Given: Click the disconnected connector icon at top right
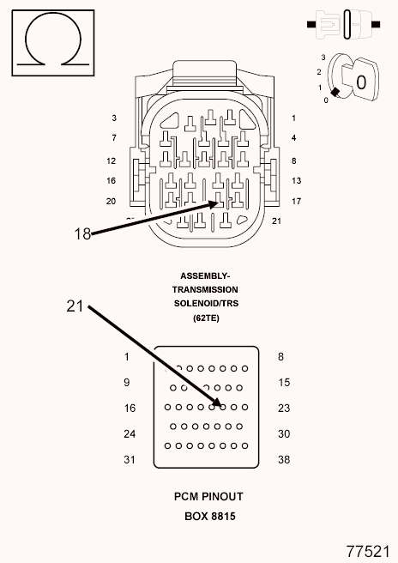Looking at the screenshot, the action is (343, 24).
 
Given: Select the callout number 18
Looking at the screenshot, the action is (82, 233).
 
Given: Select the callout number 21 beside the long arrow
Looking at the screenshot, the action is (75, 306).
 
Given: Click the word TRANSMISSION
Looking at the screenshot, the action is (205, 289).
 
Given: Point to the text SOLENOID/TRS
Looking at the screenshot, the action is (206, 304).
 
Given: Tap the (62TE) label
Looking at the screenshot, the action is (206, 318).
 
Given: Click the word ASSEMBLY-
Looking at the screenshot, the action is (205, 275).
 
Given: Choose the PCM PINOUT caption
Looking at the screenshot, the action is (208, 497).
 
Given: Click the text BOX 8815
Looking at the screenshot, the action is (210, 516).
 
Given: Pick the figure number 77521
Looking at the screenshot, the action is (368, 551).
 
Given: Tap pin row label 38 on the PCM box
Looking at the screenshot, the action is (284, 459).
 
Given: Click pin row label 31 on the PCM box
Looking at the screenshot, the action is (130, 459).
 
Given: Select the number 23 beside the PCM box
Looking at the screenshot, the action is (284, 408).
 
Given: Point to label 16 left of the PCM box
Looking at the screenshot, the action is (130, 408).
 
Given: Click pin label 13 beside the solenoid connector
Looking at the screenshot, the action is (296, 180).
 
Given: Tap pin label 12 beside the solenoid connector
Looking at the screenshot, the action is (112, 160).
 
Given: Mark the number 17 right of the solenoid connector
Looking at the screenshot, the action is (296, 201).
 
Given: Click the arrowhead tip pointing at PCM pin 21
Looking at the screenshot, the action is (221, 406).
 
